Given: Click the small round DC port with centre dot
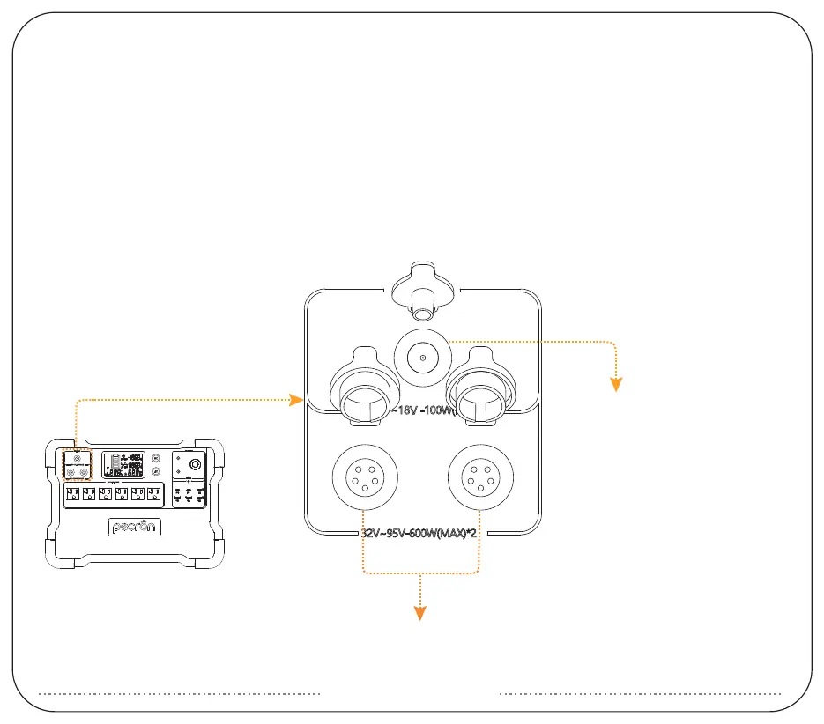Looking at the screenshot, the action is pyautogui.click(x=423, y=357).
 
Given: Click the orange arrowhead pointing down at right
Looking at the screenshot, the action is pyautogui.click(x=617, y=382).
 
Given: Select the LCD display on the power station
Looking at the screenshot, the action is pyautogui.click(x=123, y=465).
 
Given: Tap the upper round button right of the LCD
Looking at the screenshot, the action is pyautogui.click(x=156, y=458).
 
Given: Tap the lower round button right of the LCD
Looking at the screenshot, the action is pyautogui.click(x=156, y=473).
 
